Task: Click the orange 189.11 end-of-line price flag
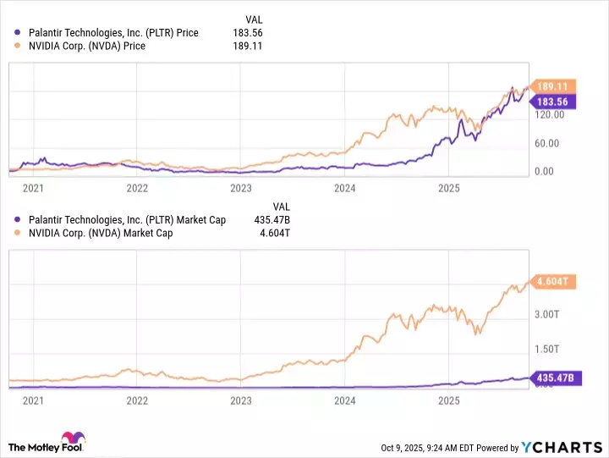[552, 86]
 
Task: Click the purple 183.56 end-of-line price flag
[552, 102]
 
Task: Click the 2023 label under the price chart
[241, 188]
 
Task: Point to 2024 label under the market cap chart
[345, 400]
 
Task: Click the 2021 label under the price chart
[34, 188]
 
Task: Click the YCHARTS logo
[562, 446]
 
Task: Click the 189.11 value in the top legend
[249, 47]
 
